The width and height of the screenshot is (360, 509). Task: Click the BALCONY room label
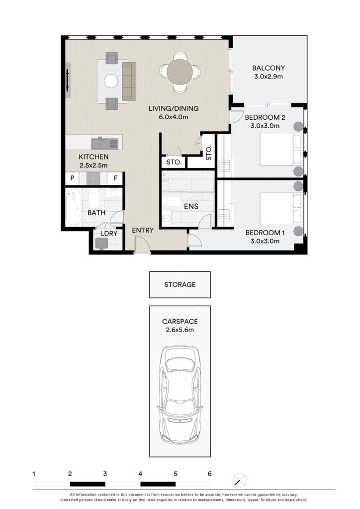click(x=268, y=68)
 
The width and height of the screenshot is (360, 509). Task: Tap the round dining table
click(x=180, y=72)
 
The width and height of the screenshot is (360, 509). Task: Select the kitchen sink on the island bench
click(x=104, y=143)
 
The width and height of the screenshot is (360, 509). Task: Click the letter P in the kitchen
click(x=73, y=178)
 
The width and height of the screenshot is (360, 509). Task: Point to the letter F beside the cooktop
click(x=115, y=178)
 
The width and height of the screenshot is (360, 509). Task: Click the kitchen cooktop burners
click(x=93, y=178)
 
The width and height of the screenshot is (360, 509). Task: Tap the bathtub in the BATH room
click(x=74, y=207)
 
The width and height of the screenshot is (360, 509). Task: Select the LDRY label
click(x=109, y=234)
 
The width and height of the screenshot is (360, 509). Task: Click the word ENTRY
click(x=143, y=230)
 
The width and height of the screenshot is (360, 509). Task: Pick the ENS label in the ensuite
click(x=191, y=206)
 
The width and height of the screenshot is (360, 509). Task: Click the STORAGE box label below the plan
click(x=180, y=285)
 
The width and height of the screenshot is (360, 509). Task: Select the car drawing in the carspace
click(x=180, y=395)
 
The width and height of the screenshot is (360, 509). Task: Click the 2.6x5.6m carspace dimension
click(x=180, y=330)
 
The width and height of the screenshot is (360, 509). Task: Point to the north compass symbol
click(x=240, y=481)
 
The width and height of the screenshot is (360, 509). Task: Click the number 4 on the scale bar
click(x=140, y=474)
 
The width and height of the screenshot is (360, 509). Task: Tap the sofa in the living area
click(x=129, y=81)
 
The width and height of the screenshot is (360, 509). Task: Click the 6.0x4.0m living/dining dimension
click(x=174, y=117)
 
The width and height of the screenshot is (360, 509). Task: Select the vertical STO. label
click(x=209, y=153)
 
